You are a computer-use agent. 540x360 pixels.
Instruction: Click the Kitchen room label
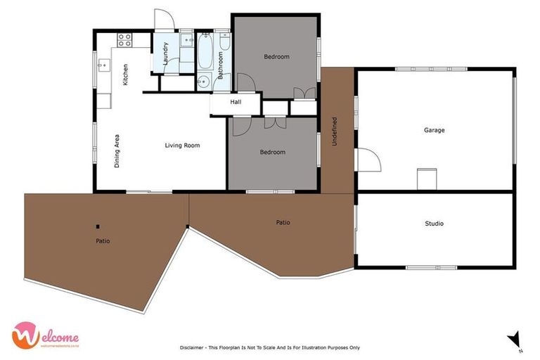click(x=125, y=75)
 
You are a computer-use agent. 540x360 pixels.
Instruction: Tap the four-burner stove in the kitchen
click(x=125, y=39)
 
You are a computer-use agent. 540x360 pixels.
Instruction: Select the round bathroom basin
click(x=204, y=79)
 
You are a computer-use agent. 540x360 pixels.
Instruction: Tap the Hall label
click(x=236, y=102)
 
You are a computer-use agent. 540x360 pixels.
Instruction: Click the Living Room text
click(x=182, y=146)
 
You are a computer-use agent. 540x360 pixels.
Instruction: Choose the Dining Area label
click(x=117, y=151)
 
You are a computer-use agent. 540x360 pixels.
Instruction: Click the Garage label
click(x=434, y=130)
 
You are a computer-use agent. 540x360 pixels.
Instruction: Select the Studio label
click(x=434, y=224)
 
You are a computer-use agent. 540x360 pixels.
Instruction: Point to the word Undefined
click(x=335, y=131)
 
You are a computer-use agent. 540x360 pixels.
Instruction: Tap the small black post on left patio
click(x=98, y=226)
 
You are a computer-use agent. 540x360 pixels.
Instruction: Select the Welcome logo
click(x=44, y=335)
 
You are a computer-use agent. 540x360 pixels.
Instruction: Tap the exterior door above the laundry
click(x=163, y=20)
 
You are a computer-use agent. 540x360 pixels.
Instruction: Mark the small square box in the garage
click(x=427, y=179)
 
